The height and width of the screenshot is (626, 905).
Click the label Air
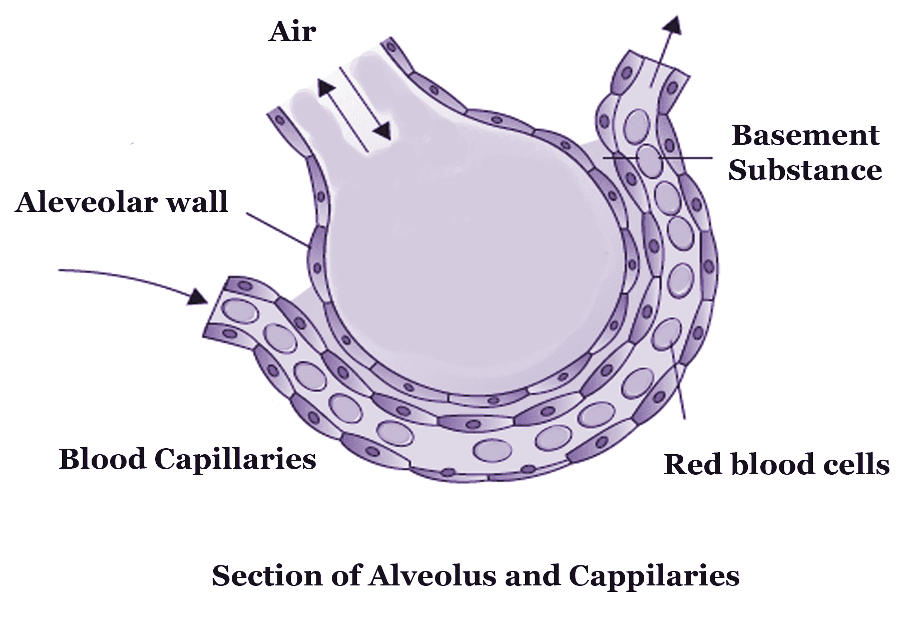point(292,32)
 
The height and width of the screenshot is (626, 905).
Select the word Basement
point(805,135)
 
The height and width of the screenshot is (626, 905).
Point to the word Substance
point(805,170)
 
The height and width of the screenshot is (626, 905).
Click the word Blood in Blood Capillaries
point(103,459)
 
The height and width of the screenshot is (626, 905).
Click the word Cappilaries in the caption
point(654,575)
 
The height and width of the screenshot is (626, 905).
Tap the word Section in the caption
point(267,575)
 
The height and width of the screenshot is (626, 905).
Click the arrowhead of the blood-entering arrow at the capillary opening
point(199,297)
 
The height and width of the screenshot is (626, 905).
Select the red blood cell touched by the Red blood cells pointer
point(667,334)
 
